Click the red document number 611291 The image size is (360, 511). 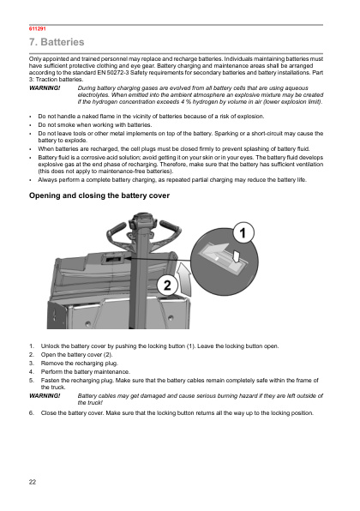[38, 28]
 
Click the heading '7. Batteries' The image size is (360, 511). [57, 42]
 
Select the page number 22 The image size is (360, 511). [33, 482]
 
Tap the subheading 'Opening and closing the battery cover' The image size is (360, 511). [99, 195]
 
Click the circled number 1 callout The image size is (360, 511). [243, 232]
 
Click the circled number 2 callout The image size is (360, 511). [167, 286]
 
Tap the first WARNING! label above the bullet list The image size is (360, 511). [45, 88]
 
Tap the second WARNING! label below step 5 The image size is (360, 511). [45, 396]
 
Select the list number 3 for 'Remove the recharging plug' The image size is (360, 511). [31, 363]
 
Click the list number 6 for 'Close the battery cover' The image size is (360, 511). [31, 413]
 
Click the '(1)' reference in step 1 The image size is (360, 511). [190, 346]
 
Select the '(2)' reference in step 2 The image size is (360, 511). [108, 355]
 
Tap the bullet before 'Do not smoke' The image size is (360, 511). [30, 125]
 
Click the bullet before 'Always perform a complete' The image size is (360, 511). [30, 180]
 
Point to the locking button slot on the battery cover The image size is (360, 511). [112, 260]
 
